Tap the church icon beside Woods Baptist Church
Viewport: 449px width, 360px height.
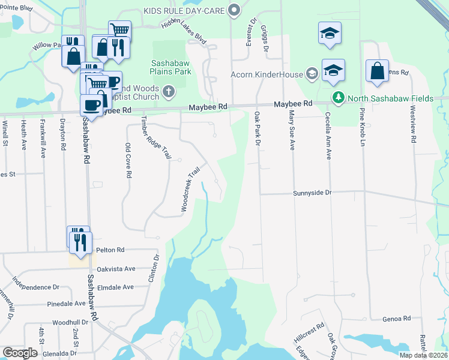[x=169, y=91]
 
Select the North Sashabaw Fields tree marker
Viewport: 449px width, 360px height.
[x=339, y=98]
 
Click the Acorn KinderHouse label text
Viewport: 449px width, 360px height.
[x=267, y=75]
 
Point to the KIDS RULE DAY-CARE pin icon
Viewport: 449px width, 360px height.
[x=235, y=10]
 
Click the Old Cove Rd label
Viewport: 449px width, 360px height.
[x=128, y=160]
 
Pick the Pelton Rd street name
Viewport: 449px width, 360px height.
[x=112, y=250]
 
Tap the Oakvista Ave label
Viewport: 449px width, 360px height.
[x=117, y=269]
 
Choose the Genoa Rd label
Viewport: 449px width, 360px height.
[x=397, y=319]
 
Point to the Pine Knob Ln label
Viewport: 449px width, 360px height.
[x=363, y=127]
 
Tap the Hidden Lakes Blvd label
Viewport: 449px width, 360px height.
[x=184, y=31]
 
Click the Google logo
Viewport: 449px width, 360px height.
[x=20, y=353]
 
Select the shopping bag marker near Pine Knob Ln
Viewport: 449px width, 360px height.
[x=377, y=71]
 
